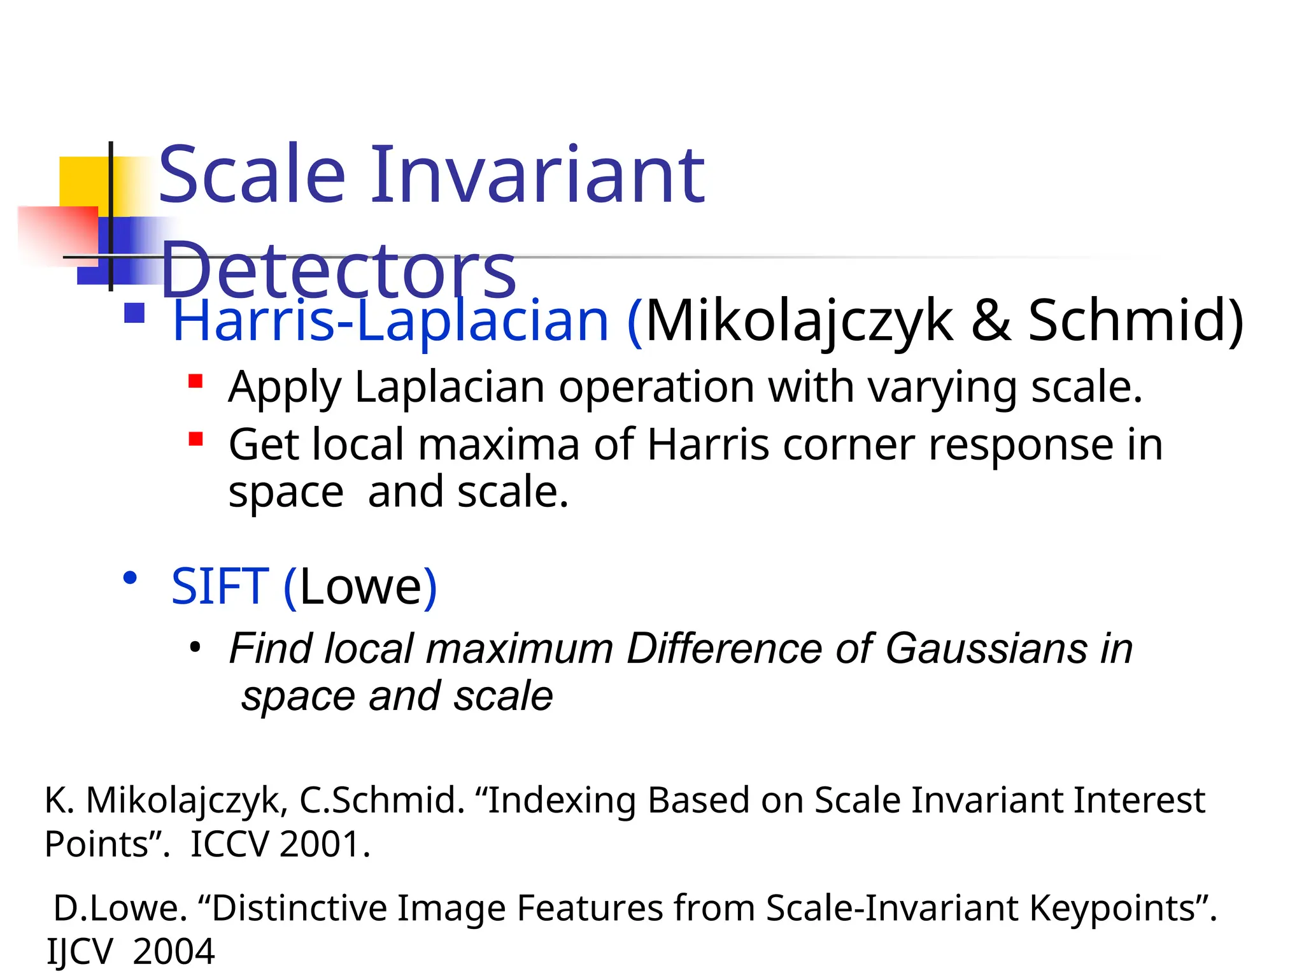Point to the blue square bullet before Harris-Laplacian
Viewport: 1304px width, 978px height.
tap(134, 313)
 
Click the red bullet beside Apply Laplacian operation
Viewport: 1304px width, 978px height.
tap(195, 381)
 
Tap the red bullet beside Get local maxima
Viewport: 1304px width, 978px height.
tap(195, 439)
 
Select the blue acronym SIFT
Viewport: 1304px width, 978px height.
tap(220, 586)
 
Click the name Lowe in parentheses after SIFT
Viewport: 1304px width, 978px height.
tap(360, 586)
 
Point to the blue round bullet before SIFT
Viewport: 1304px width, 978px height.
tap(131, 578)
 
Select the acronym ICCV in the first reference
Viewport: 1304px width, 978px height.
tap(230, 844)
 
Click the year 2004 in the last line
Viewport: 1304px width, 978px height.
tap(174, 952)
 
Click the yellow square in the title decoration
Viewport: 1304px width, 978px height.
tap(83, 181)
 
